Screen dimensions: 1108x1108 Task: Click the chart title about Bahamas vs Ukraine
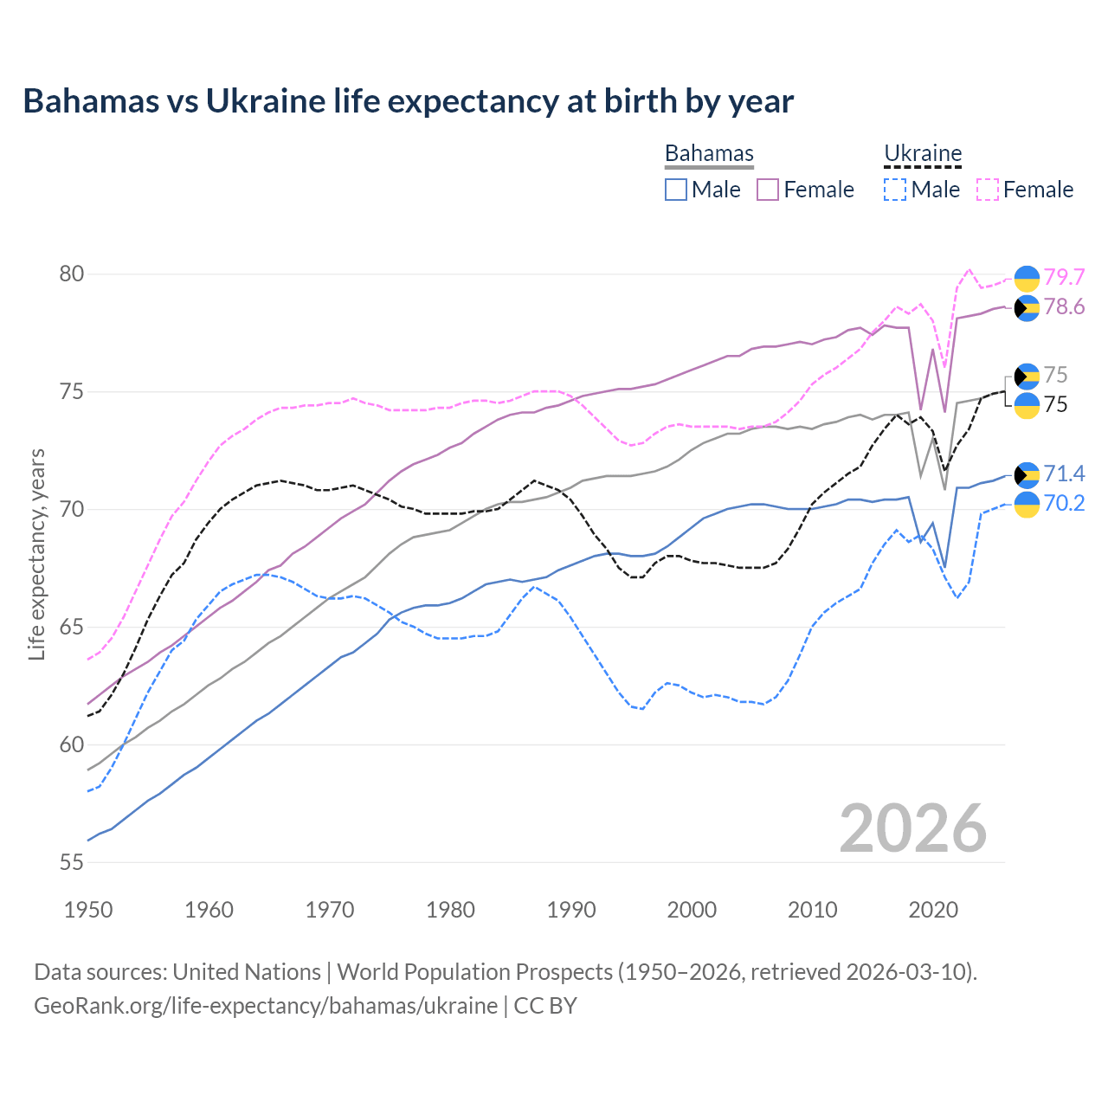(x=408, y=101)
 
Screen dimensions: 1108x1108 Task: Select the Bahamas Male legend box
(x=676, y=190)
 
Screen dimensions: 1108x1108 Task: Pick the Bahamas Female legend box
(x=768, y=190)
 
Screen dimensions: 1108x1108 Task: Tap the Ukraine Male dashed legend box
(x=895, y=190)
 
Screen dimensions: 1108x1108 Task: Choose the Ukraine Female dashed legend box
(x=988, y=190)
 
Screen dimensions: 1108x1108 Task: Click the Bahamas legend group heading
(x=709, y=153)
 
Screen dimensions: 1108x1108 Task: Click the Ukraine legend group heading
(x=923, y=153)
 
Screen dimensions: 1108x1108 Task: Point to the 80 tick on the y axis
(x=71, y=274)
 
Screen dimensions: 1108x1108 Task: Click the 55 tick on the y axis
(x=71, y=862)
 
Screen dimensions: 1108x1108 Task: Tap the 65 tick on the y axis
(x=71, y=627)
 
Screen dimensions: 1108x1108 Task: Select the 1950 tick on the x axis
(x=88, y=910)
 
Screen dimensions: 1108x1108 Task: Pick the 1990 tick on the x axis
(x=571, y=910)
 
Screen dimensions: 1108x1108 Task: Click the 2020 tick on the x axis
(x=933, y=910)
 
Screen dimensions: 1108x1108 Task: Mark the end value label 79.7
(x=1064, y=277)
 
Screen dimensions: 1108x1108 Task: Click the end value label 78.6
(x=1064, y=307)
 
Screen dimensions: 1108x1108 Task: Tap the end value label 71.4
(x=1064, y=473)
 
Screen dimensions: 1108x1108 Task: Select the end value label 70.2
(x=1064, y=503)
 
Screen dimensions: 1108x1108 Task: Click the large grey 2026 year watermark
(x=913, y=828)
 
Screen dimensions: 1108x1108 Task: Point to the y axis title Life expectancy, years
(x=36, y=554)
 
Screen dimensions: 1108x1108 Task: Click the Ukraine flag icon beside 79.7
(x=1027, y=278)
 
